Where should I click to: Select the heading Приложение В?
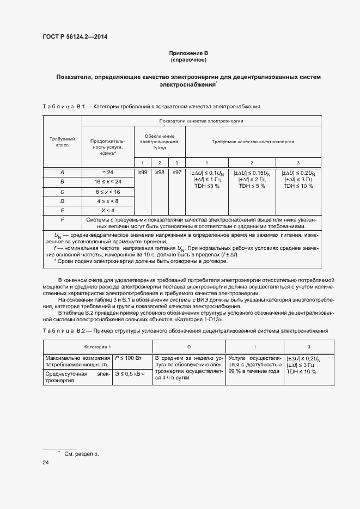pos(188,53)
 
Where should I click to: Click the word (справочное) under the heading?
pos(188,59)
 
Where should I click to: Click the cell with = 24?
pos(107,173)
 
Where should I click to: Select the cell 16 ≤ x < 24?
pos(107,181)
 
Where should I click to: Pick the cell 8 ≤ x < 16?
pos(107,192)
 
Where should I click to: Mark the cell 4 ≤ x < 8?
pos(107,201)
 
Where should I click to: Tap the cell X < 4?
pos(107,210)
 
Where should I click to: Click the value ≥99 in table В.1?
pos(142,173)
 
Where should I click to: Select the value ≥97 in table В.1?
pos(176,173)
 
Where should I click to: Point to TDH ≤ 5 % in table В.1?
pos(252,186)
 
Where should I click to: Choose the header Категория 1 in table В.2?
pos(97,347)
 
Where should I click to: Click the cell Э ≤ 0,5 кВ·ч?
pos(131,373)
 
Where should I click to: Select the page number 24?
pos(46,463)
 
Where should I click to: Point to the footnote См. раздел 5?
pos(82,453)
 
